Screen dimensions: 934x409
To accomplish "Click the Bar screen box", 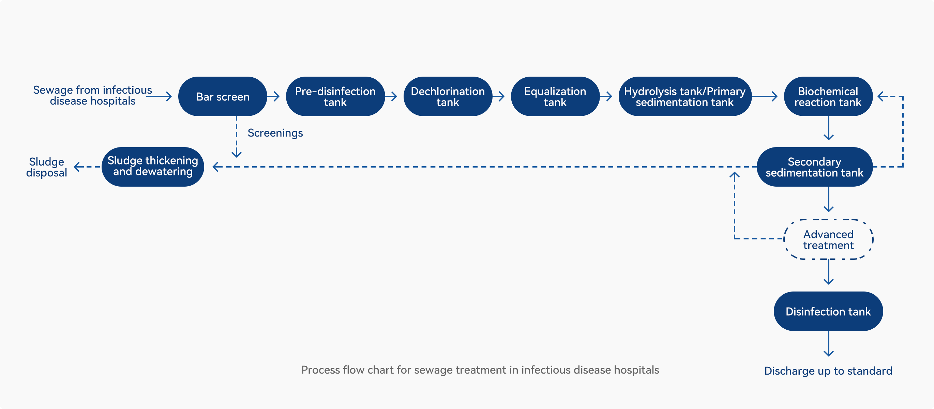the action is (x=223, y=96).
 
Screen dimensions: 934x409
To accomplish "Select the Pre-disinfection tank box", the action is (x=335, y=96).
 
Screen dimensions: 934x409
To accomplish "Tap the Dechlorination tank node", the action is (x=448, y=96).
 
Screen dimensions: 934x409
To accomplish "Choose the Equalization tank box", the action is (x=555, y=96).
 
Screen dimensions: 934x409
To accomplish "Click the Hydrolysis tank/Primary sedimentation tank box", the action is (x=685, y=96).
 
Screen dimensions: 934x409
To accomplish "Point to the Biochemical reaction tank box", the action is (x=828, y=96).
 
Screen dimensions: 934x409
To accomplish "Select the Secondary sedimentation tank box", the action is (x=815, y=167).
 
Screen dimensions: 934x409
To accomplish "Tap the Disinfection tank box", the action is (x=828, y=311).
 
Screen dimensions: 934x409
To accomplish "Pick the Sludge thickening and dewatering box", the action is (x=153, y=167).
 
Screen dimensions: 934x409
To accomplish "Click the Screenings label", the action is (x=275, y=133).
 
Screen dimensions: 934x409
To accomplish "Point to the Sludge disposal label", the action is (x=47, y=167).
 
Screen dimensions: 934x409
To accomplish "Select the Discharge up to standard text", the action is (x=828, y=371).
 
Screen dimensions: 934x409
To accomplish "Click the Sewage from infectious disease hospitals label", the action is (x=92, y=95).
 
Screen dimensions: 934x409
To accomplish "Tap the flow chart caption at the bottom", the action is (x=480, y=370).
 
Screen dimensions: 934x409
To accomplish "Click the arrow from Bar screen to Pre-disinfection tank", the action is (x=273, y=96).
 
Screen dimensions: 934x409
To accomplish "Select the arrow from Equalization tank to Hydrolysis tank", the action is (x=606, y=96).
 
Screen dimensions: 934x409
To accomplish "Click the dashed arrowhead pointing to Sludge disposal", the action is (x=76, y=167).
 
